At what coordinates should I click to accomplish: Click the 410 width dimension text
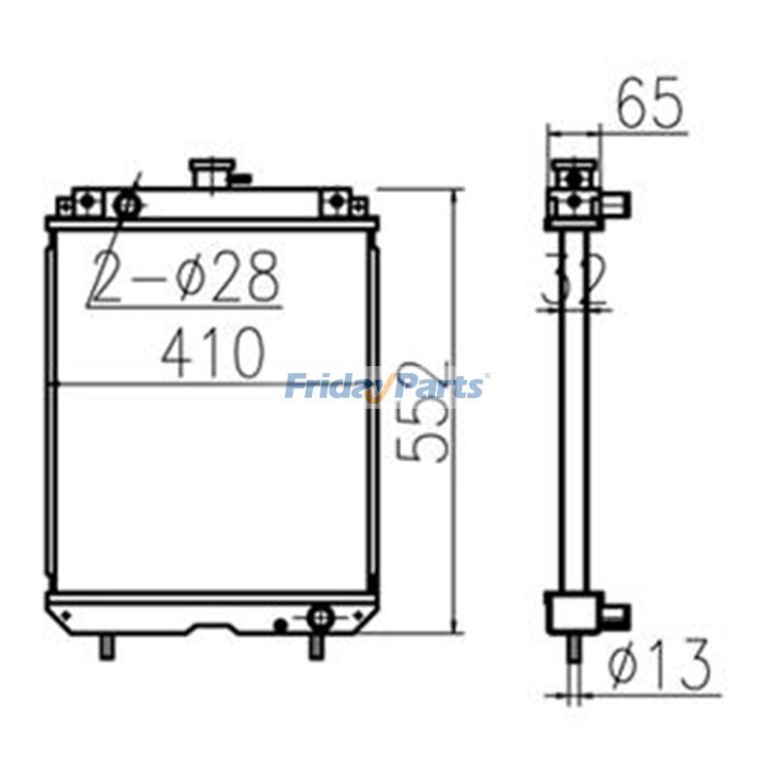pyautogui.click(x=212, y=353)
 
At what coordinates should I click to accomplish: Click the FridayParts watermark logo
pyautogui.click(x=387, y=387)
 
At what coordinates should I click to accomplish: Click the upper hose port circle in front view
pyautogui.click(x=126, y=204)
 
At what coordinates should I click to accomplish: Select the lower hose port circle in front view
pyautogui.click(x=319, y=615)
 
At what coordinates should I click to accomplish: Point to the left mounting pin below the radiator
pyautogui.click(x=107, y=645)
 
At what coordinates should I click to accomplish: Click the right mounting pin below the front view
pyautogui.click(x=315, y=645)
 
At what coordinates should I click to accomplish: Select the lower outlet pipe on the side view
pyautogui.click(x=614, y=614)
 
